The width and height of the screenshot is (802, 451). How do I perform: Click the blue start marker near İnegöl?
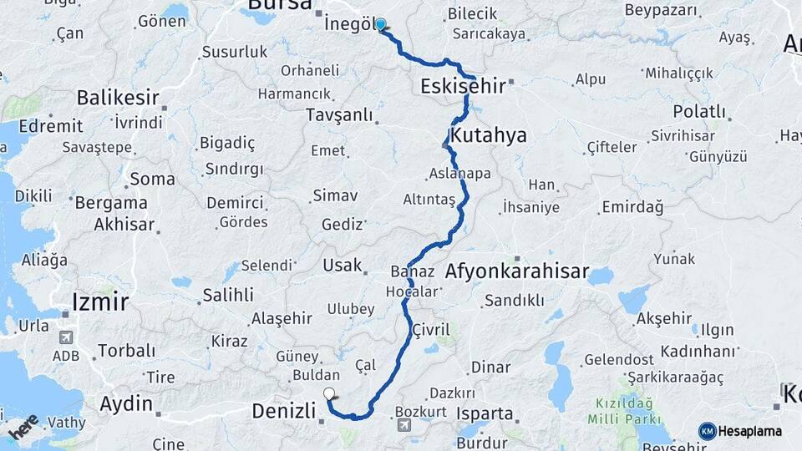(381, 24)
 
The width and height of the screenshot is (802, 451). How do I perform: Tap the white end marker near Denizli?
(329, 394)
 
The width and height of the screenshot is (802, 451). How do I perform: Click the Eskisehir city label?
(462, 86)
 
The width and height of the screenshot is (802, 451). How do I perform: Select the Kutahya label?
(488, 135)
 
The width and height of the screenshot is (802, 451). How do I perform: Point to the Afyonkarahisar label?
(518, 272)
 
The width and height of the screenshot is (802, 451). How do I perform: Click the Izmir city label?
(100, 301)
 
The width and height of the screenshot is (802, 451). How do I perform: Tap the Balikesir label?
(118, 98)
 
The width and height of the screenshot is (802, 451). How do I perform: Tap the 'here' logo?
(24, 427)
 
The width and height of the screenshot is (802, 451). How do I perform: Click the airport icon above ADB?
(66, 337)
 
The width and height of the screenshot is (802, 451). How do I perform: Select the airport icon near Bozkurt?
(406, 426)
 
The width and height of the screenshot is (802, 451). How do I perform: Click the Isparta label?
(485, 413)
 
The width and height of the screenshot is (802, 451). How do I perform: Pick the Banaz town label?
(413, 272)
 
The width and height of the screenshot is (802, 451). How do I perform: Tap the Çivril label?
(431, 330)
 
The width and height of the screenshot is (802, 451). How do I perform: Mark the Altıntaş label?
(429, 200)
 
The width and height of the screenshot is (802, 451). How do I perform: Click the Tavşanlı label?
(339, 114)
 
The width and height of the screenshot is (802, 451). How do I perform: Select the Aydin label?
(126, 405)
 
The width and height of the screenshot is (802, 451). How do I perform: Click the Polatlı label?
(699, 111)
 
